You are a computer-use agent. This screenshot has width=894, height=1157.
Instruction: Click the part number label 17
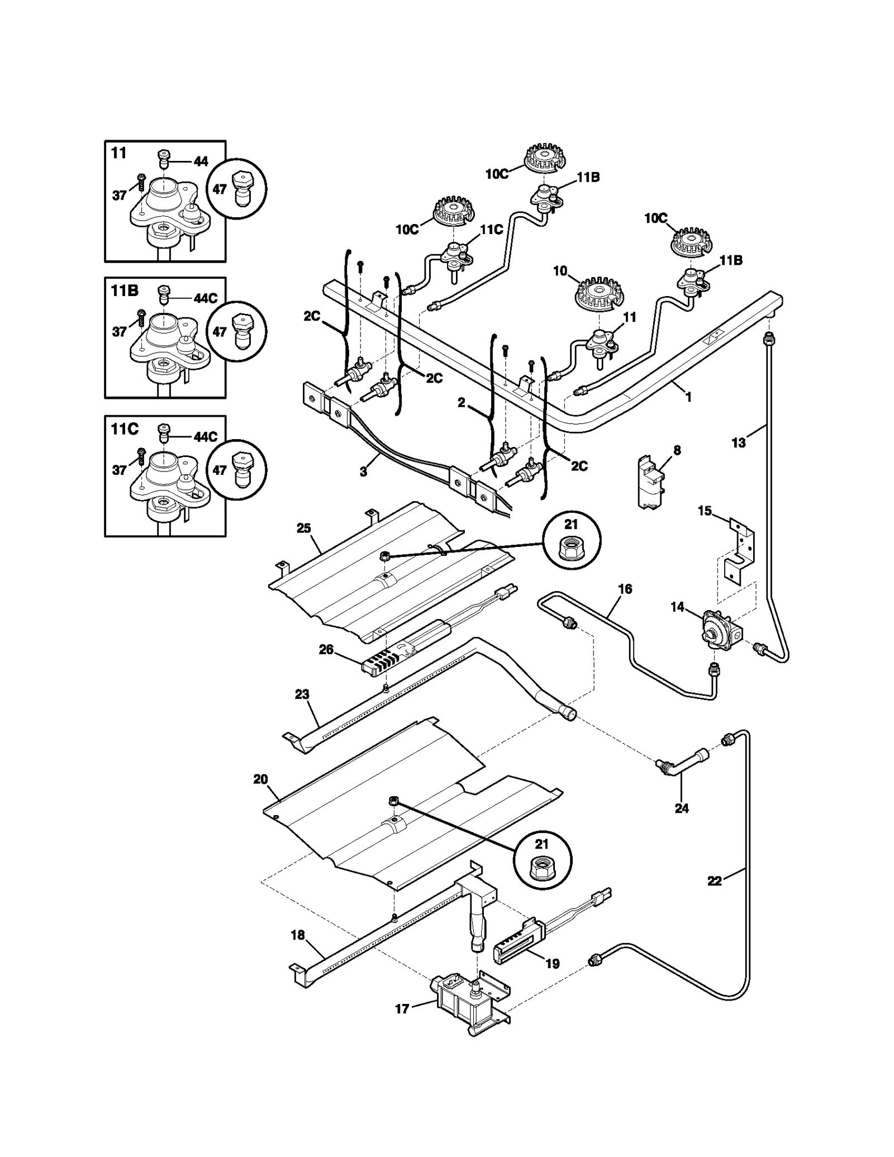coord(402,1008)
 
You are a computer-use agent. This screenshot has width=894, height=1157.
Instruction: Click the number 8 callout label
coord(677,450)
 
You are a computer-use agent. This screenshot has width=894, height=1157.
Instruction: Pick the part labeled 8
coord(650,483)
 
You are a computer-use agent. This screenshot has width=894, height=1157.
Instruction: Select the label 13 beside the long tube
coord(738,442)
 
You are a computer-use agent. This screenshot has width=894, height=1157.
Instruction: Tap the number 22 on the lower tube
coord(714,880)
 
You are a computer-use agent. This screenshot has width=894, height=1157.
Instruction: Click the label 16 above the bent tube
coord(625,589)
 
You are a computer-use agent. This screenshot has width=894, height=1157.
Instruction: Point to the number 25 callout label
coord(303,528)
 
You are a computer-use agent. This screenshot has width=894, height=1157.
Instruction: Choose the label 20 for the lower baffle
coord(260,779)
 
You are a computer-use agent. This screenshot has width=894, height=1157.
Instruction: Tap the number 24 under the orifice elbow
coord(681,808)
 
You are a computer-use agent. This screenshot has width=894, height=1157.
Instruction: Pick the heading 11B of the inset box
coord(124,291)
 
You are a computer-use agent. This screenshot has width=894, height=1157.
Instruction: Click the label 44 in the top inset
coord(201,161)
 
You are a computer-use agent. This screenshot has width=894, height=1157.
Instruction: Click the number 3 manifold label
coord(363,472)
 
